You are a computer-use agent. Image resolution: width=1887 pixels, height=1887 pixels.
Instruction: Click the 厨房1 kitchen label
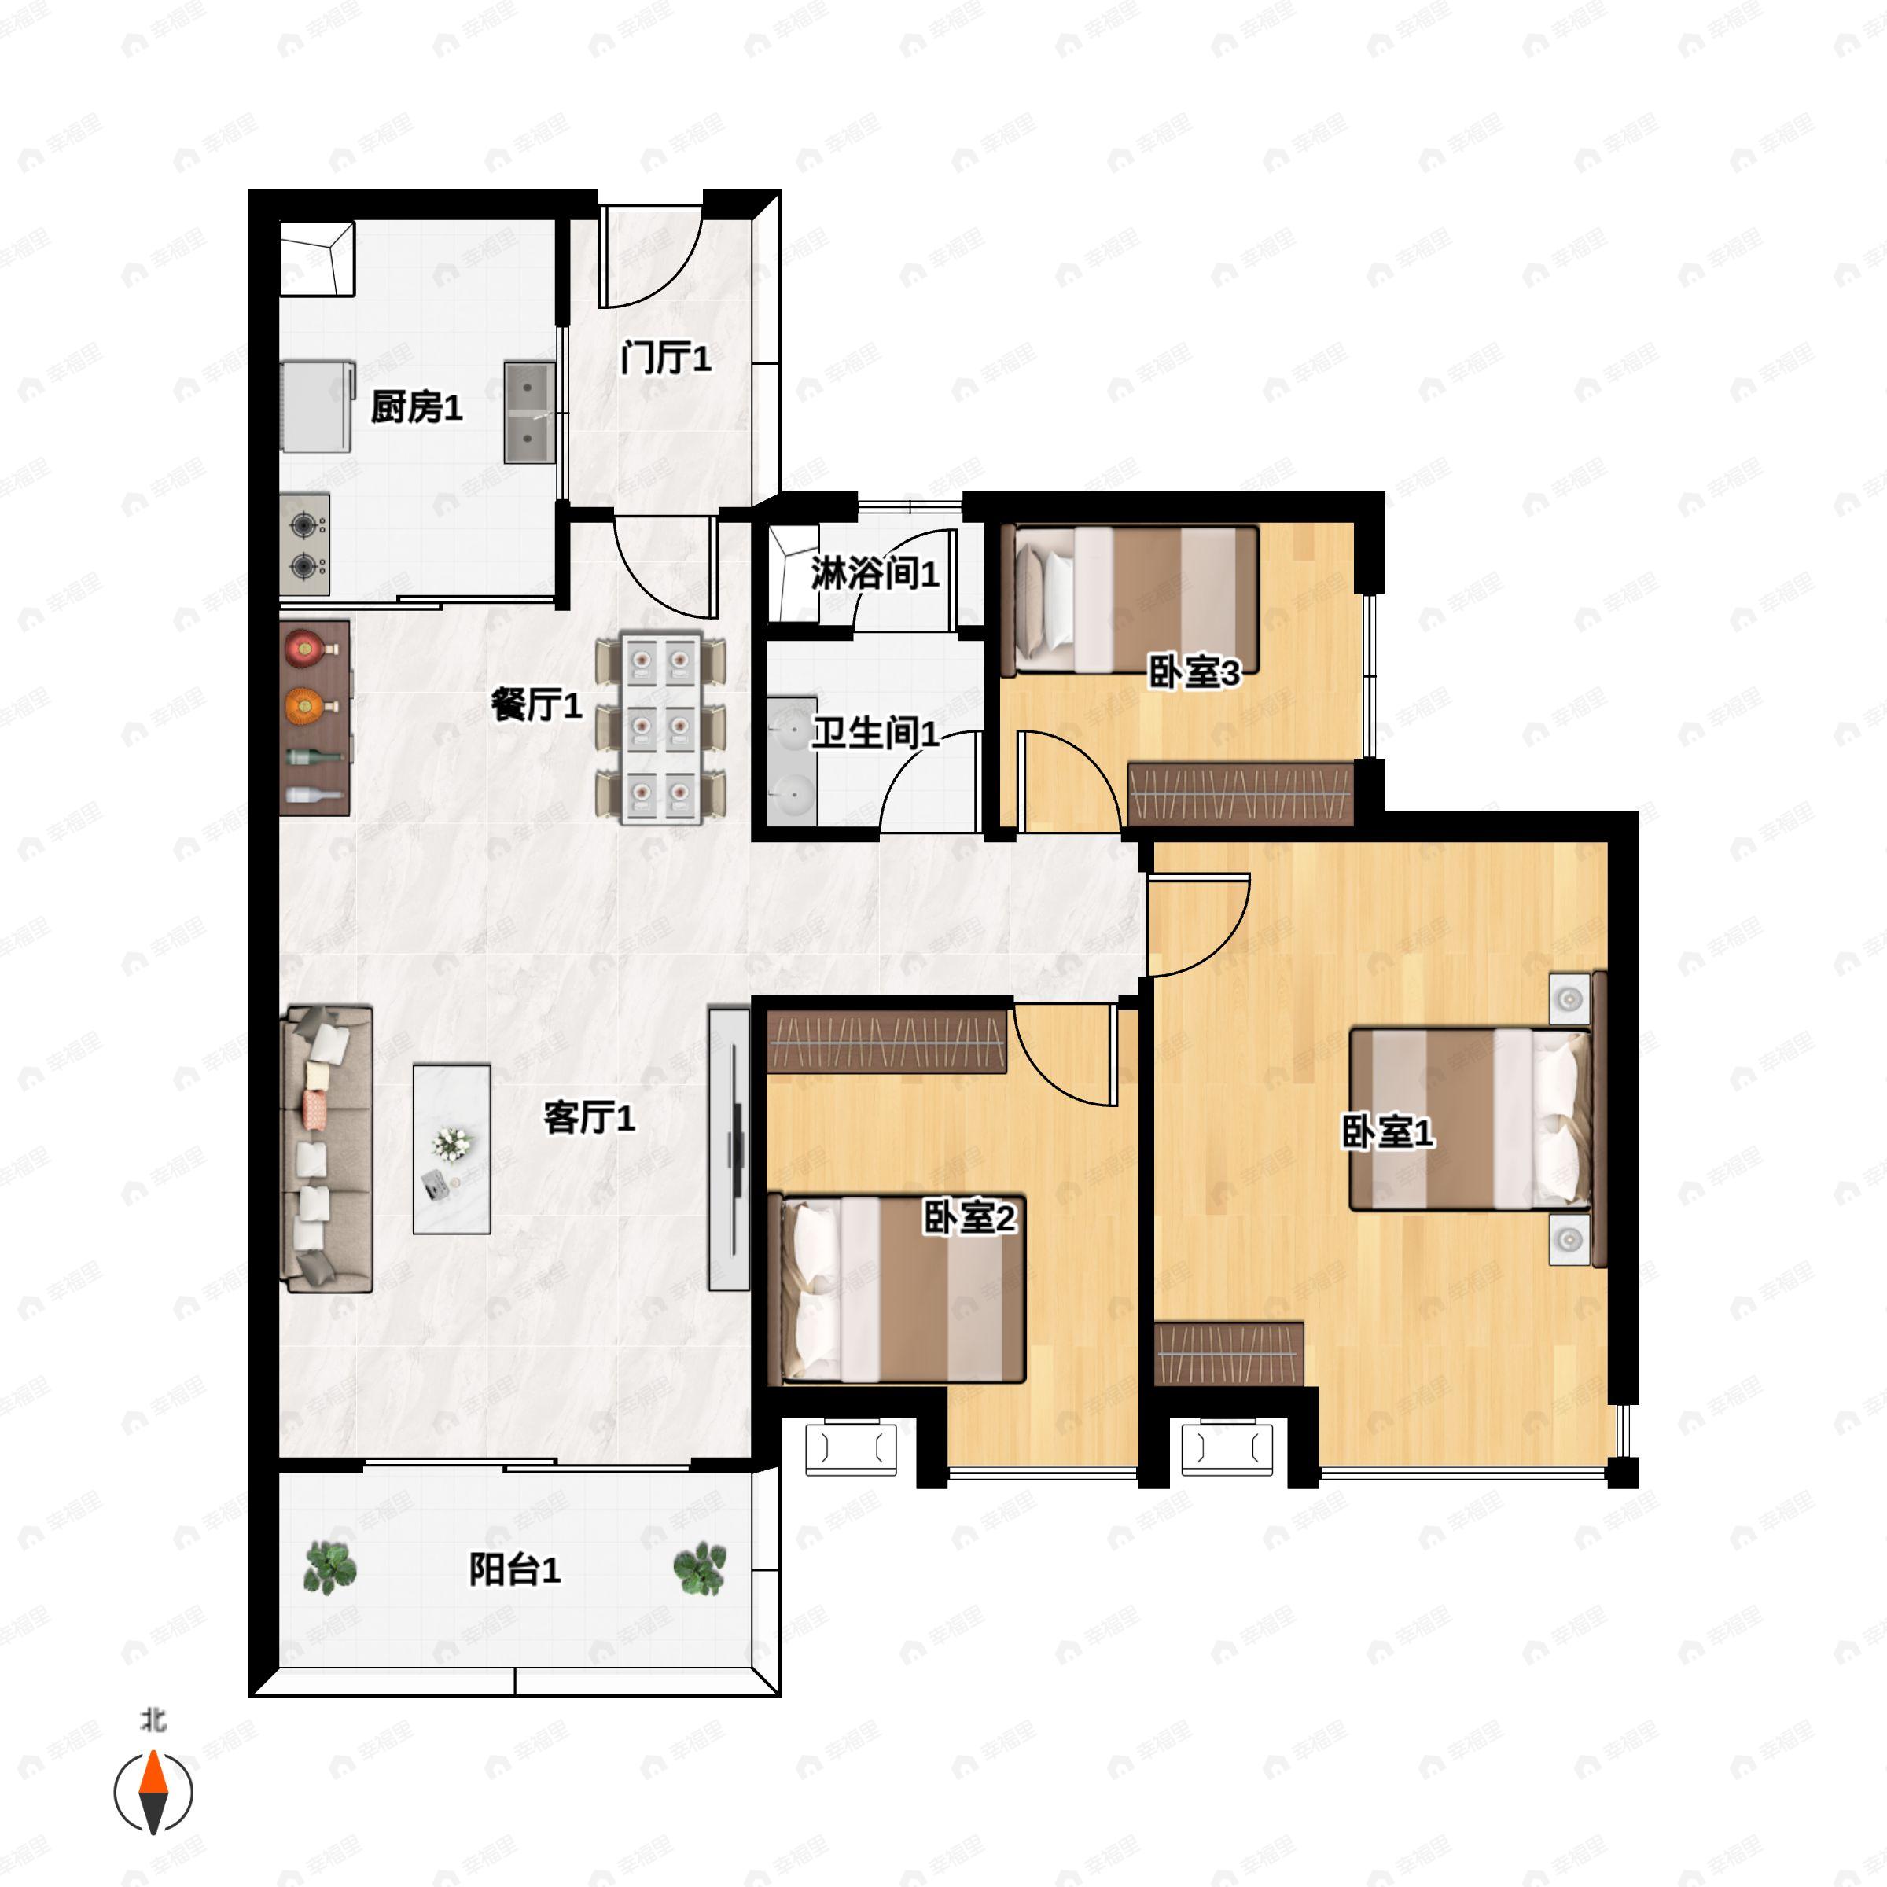click(416, 407)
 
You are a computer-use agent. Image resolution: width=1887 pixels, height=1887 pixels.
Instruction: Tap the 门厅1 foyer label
click(665, 358)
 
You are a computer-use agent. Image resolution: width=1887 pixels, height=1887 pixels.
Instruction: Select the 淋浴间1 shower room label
click(875, 573)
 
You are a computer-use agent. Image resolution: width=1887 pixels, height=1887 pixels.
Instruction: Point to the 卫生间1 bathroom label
click(875, 733)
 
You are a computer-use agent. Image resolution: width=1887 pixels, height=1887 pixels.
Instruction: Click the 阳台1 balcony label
click(515, 1569)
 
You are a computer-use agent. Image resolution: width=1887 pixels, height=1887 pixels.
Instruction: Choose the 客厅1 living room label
click(589, 1116)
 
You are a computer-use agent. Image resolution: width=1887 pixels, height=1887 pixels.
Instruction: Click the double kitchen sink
click(529, 412)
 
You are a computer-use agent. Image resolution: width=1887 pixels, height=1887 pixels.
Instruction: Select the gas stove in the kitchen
click(305, 545)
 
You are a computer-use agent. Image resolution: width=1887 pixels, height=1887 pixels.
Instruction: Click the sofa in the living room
click(327, 1149)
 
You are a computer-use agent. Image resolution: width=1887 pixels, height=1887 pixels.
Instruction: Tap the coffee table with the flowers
click(451, 1149)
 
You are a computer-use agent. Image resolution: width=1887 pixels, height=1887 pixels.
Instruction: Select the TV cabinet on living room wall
click(729, 1149)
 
